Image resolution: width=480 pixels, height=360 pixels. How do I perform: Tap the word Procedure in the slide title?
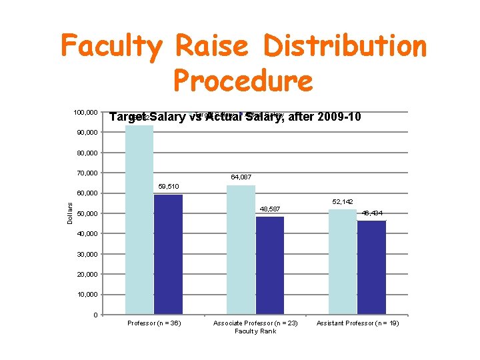[242, 81]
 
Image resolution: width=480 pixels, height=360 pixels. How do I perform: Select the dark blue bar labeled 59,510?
[169, 253]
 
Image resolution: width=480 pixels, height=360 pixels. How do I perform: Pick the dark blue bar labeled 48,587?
[269, 265]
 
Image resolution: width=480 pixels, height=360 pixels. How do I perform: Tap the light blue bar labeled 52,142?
[342, 261]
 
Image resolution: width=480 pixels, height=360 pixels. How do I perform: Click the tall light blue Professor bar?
[140, 219]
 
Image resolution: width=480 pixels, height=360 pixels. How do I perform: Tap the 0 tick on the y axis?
[97, 315]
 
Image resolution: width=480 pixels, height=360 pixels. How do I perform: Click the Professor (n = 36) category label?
[154, 323]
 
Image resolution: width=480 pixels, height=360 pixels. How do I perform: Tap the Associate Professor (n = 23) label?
[255, 323]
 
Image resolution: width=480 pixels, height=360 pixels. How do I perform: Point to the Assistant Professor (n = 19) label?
[357, 323]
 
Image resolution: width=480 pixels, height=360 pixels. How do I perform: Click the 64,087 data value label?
[241, 177]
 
